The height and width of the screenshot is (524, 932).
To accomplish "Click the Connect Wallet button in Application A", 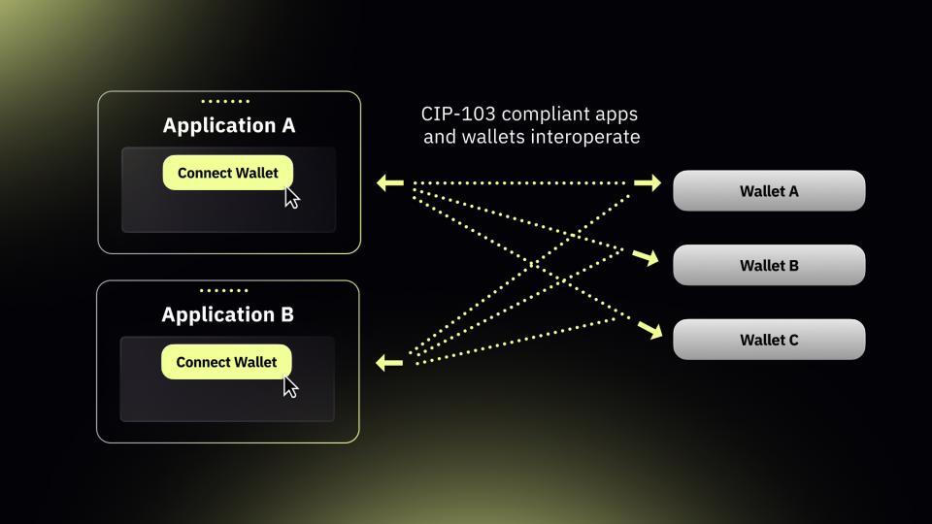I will (227, 173).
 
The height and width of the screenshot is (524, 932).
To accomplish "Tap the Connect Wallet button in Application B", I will (226, 362).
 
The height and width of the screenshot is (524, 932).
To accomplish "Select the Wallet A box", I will (769, 191).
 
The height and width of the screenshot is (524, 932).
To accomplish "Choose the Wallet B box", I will (769, 265).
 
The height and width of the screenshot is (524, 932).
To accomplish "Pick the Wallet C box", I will (769, 340).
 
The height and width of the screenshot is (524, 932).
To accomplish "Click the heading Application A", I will (229, 125).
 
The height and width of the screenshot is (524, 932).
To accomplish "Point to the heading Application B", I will (228, 314).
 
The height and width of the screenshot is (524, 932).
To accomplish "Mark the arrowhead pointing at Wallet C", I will (650, 331).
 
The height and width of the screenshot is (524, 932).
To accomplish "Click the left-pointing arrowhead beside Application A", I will (389, 182).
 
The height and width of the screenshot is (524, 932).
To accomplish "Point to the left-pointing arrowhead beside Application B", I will (389, 363).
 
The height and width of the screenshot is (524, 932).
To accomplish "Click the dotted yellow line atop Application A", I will (225, 101).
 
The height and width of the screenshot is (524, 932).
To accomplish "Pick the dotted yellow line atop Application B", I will (224, 290).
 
